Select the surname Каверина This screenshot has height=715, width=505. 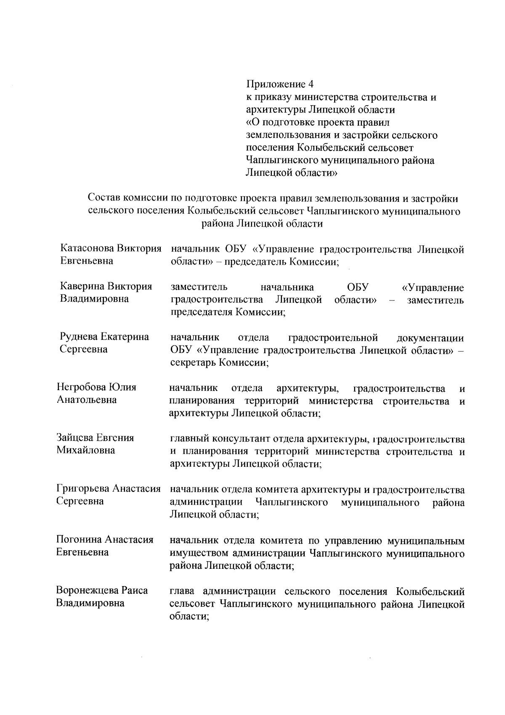pyautogui.click(x=82, y=287)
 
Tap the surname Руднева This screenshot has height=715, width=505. pyautogui.click(x=79, y=337)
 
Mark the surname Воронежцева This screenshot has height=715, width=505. pyautogui.click(x=87, y=590)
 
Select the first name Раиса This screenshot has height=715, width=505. pyautogui.click(x=135, y=590)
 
